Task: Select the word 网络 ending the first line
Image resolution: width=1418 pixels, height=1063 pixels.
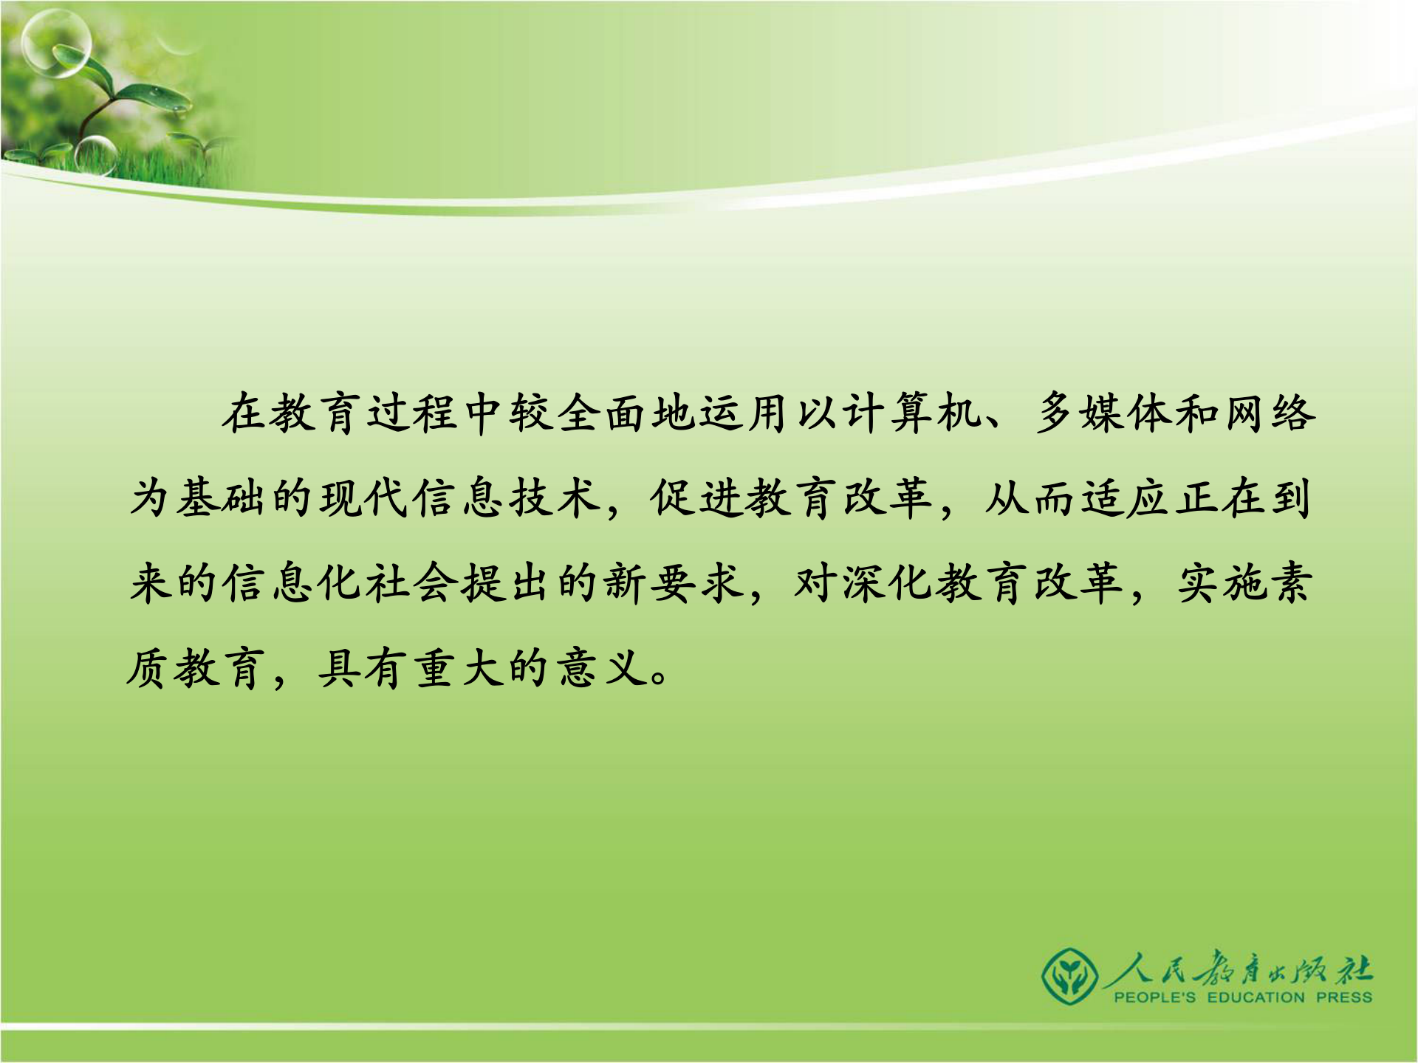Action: pos(1270,413)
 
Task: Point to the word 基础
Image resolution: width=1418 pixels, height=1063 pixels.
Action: pos(221,498)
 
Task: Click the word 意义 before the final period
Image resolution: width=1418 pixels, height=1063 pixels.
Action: pos(602,669)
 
